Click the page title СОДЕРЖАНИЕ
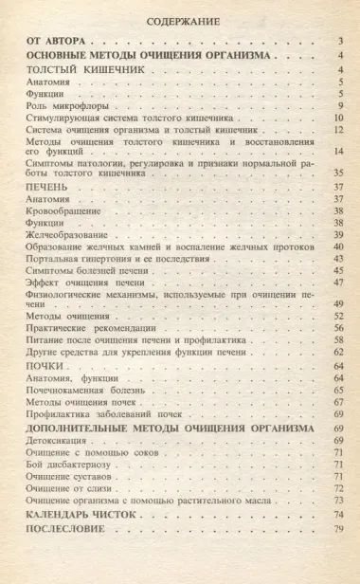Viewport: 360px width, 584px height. [x=181, y=19]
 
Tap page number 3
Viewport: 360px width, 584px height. [x=339, y=43]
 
